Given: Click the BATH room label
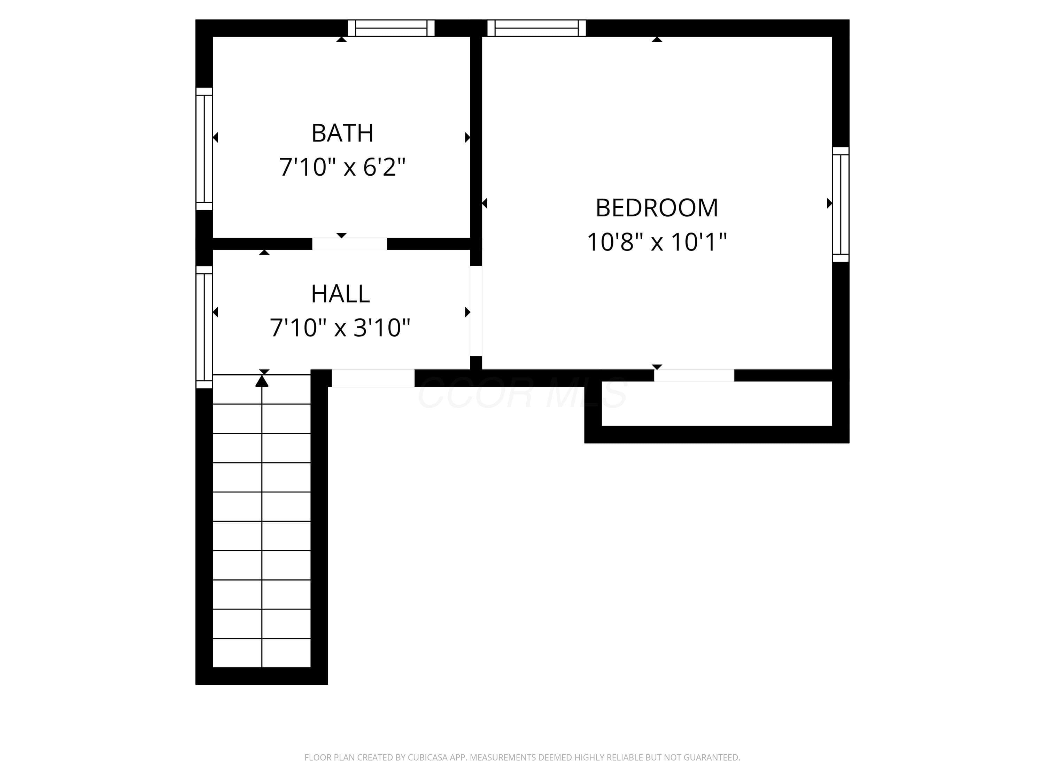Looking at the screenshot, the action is [342, 133].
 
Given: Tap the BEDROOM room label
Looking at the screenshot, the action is [657, 208].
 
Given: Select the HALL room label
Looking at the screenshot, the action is [340, 294].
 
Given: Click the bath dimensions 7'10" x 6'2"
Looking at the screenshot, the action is [342, 167].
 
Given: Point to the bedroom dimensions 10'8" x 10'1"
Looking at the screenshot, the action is [657, 242].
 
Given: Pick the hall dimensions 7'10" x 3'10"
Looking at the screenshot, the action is [340, 328].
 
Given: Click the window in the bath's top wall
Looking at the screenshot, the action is [391, 28].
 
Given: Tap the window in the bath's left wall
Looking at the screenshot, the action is [204, 148].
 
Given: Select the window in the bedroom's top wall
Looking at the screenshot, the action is [537, 28].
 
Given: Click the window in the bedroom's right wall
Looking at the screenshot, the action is [841, 204].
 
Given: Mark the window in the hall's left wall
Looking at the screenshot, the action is [204, 327].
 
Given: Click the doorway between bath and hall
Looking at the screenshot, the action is [350, 244].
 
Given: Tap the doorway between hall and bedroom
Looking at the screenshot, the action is [476, 311].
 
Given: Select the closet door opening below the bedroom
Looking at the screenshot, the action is [694, 376].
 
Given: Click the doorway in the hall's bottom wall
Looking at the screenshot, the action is [373, 378].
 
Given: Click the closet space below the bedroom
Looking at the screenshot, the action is [717, 403].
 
